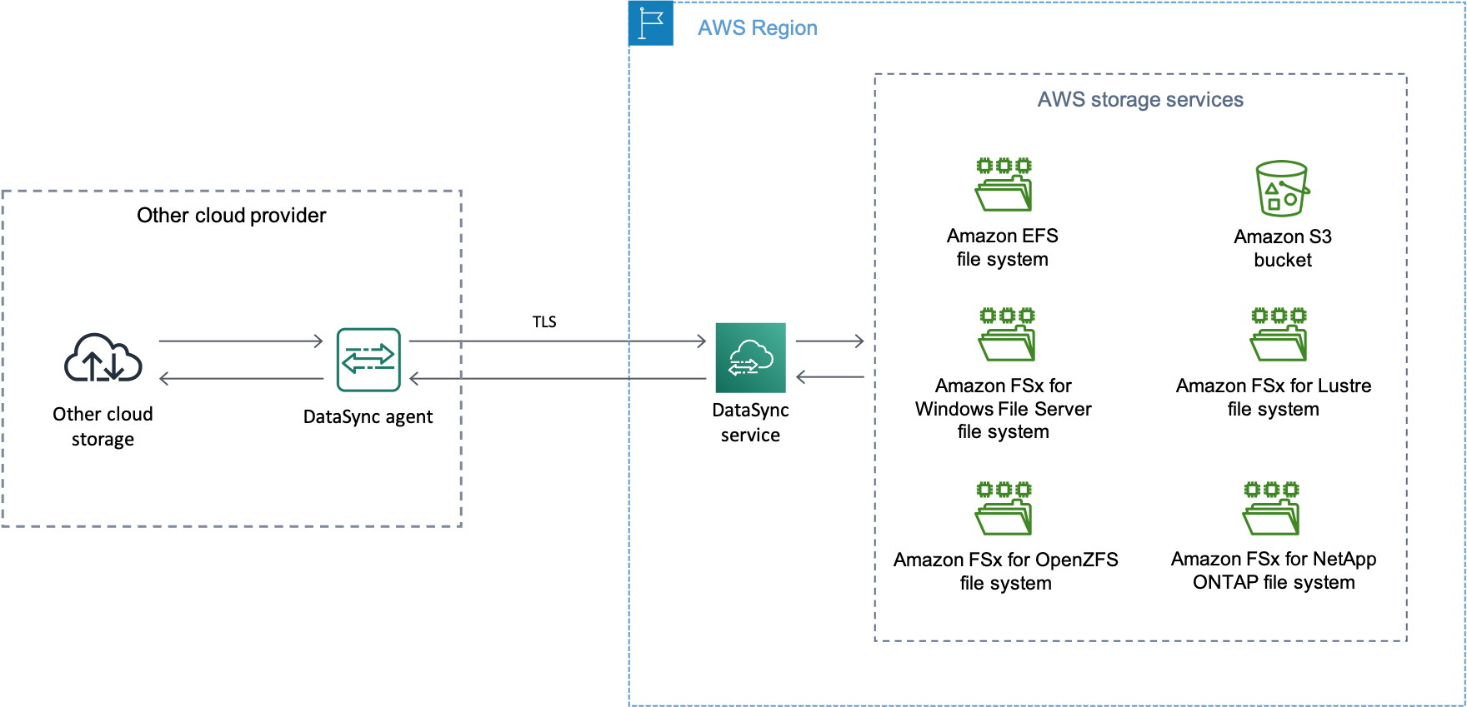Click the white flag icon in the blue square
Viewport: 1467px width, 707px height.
click(x=650, y=22)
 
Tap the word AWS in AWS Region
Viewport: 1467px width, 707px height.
click(x=721, y=28)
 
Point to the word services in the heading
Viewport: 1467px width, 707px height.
click(x=1204, y=100)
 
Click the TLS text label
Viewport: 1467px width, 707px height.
click(x=544, y=322)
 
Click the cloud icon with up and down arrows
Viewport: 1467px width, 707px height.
click(x=103, y=358)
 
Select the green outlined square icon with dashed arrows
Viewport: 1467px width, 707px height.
click(x=368, y=360)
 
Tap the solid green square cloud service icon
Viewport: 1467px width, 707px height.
click(x=750, y=357)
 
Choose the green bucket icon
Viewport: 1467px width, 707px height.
click(x=1282, y=188)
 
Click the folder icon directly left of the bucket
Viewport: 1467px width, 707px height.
click(x=1004, y=185)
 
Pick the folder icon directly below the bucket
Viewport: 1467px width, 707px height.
click(x=1279, y=334)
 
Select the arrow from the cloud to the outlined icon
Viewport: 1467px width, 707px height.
click(x=240, y=341)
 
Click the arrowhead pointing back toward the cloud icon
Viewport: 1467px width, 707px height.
click(x=164, y=379)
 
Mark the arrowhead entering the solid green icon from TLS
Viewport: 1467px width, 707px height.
click(x=701, y=341)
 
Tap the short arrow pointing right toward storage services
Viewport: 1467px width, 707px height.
click(x=829, y=341)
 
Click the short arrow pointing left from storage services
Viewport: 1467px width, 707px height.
click(x=829, y=377)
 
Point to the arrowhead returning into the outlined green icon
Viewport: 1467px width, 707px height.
click(x=414, y=379)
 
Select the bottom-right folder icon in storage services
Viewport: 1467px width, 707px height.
click(x=1271, y=508)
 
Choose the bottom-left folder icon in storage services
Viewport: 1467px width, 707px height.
click(x=1004, y=508)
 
